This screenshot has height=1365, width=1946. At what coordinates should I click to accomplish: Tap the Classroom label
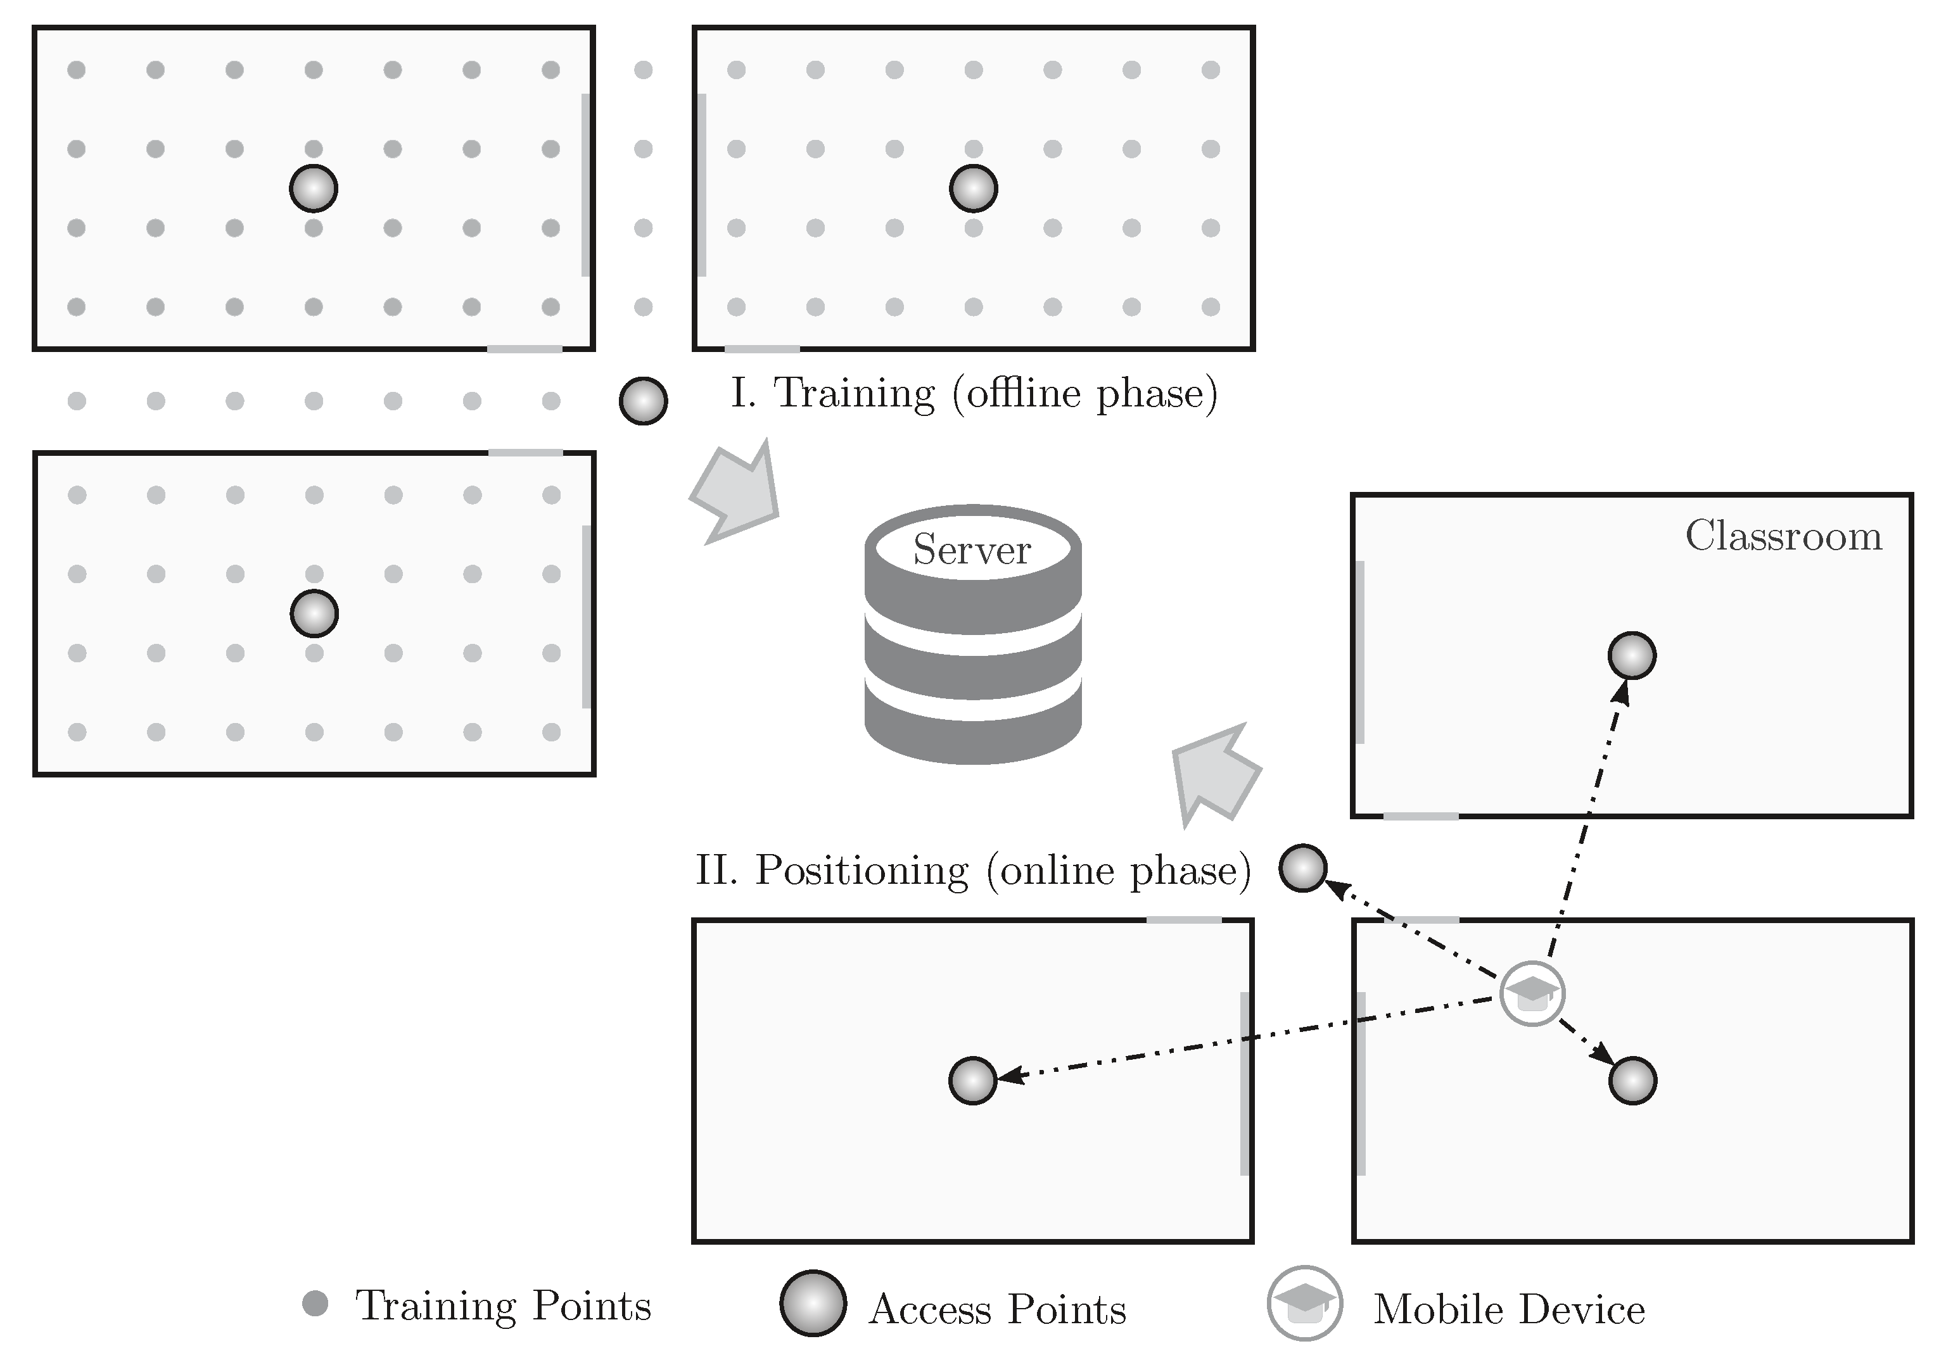click(1783, 536)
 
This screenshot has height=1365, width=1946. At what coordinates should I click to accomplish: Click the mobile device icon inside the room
click(1532, 994)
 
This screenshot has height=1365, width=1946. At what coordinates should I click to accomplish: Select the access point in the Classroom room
click(1632, 655)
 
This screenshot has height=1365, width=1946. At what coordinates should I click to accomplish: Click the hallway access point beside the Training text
click(644, 401)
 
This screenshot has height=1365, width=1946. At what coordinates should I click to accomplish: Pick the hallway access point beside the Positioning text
click(1302, 869)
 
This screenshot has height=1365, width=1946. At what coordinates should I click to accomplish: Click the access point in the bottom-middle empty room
click(972, 1080)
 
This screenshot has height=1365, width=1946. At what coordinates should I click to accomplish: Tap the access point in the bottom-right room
click(1632, 1080)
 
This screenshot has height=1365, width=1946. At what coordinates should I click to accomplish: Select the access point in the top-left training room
click(314, 188)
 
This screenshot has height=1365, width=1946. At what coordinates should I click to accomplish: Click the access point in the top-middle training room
click(973, 188)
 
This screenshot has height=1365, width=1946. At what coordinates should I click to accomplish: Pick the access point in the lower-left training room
click(314, 613)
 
